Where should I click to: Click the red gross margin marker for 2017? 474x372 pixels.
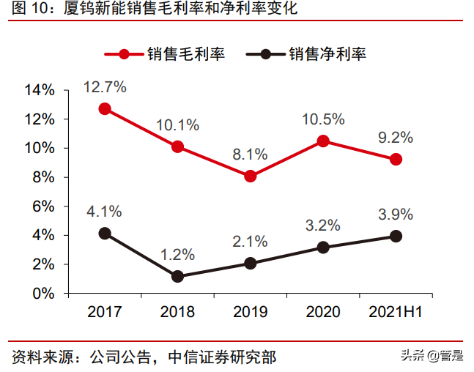click(x=105, y=108)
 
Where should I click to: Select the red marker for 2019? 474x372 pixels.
click(x=251, y=176)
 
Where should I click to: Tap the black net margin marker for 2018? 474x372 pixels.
click(x=177, y=276)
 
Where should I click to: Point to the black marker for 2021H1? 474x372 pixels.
click(x=396, y=236)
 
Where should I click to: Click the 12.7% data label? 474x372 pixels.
click(x=105, y=86)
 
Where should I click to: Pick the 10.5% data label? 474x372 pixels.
click(x=322, y=119)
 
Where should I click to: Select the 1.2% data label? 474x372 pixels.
click(x=177, y=255)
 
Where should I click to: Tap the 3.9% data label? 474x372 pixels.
click(x=396, y=215)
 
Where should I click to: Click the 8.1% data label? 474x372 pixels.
click(x=251, y=155)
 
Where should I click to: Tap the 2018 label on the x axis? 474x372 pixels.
click(x=177, y=312)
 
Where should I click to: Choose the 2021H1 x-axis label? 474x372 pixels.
click(x=396, y=312)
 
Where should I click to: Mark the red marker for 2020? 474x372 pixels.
click(x=322, y=141)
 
